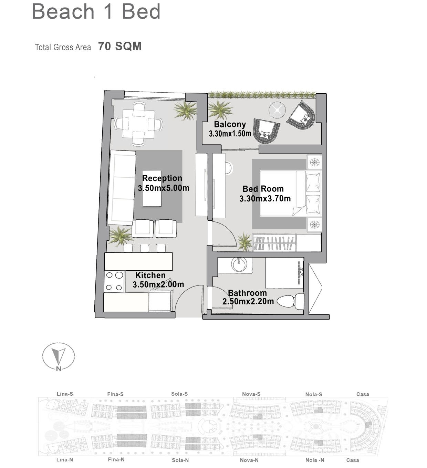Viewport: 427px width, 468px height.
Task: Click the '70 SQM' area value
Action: tap(120, 46)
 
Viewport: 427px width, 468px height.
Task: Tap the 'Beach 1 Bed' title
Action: tap(96, 11)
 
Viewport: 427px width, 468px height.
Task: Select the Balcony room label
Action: tap(230, 124)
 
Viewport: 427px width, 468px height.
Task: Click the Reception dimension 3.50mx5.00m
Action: tap(164, 188)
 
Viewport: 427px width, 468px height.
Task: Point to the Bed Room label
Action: tap(263, 189)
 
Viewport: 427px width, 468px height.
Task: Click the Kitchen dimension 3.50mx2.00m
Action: tap(158, 284)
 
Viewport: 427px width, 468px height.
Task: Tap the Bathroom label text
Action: tap(247, 293)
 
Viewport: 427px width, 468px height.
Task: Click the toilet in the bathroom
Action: tap(291, 301)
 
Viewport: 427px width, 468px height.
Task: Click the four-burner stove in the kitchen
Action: tap(114, 281)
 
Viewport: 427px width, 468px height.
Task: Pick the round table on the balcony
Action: tap(277, 110)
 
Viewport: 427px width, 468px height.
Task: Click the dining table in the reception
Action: tap(138, 124)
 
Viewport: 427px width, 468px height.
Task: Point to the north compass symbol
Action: tap(59, 356)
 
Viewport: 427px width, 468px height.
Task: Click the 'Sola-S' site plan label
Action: tap(179, 394)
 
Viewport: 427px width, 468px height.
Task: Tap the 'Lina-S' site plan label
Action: tap(65, 394)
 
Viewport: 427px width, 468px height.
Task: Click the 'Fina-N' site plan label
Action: tap(116, 460)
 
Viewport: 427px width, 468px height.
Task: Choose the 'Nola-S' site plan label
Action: tap(314, 395)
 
